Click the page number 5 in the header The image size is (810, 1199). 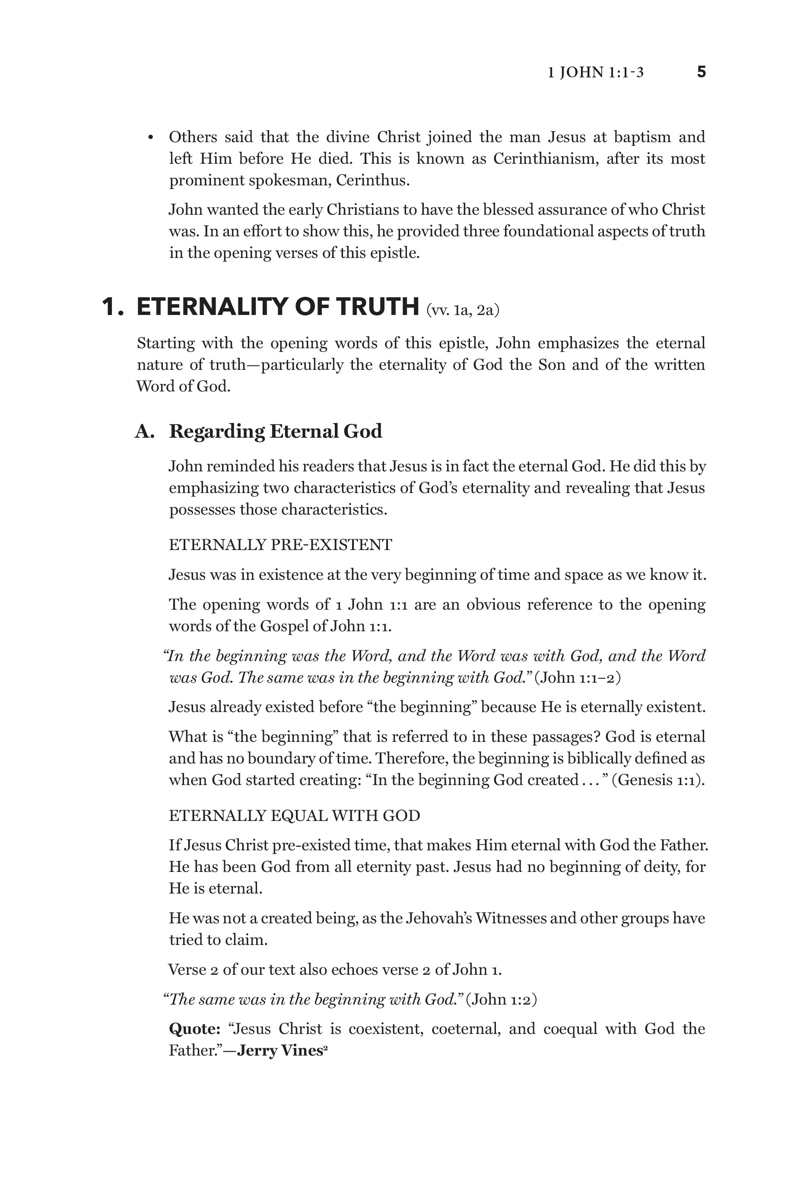click(x=701, y=72)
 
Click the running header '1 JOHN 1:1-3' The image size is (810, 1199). click(x=595, y=72)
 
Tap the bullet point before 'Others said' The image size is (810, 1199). click(x=151, y=138)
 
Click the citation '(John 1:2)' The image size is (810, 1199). click(x=501, y=999)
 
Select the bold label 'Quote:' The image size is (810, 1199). click(x=194, y=1029)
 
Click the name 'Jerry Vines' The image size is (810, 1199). click(x=280, y=1050)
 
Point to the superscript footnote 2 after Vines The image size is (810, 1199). click(x=326, y=1047)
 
